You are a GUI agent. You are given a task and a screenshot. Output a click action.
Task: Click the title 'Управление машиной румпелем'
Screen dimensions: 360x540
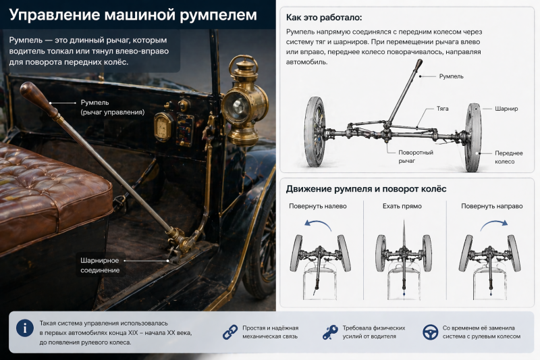[133, 14]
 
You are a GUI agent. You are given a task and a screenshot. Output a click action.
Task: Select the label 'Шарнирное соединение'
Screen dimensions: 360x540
[100, 265]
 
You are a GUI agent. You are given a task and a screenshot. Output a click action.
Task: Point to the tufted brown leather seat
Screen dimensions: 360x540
[47, 189]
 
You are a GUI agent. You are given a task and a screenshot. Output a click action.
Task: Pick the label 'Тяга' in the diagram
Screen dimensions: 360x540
[442, 108]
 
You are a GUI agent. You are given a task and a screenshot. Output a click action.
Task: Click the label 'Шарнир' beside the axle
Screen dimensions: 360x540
[506, 108]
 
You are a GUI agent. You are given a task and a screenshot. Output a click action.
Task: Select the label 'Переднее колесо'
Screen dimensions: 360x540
[509, 157]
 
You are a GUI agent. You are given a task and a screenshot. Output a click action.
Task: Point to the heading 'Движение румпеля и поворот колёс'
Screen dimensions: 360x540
[366, 188]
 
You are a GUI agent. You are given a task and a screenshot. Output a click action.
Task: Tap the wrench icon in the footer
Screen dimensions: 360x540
[330, 332]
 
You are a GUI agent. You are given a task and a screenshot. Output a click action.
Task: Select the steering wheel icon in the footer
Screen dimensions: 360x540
[429, 332]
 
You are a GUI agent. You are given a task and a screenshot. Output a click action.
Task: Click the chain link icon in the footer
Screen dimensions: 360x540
[230, 332]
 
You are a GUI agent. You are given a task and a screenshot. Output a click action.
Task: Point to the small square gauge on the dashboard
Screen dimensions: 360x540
[162, 126]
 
